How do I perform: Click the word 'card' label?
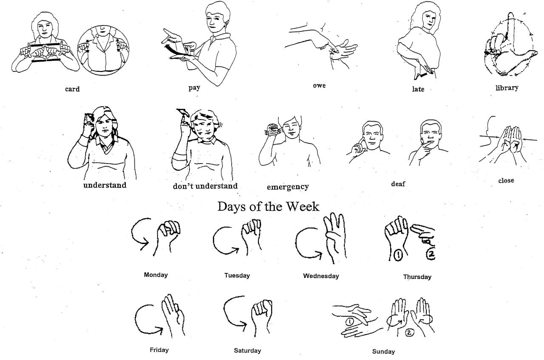pyautogui.click(x=72, y=89)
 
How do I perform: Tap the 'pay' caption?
pyautogui.click(x=194, y=88)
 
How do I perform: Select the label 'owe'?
pyautogui.click(x=319, y=85)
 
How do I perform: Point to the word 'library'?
pyautogui.click(x=507, y=88)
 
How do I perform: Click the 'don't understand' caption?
pyautogui.click(x=205, y=186)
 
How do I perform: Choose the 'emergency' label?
pyautogui.click(x=288, y=187)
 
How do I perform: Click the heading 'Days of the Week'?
pyautogui.click(x=268, y=207)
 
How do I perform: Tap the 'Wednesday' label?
pyautogui.click(x=321, y=276)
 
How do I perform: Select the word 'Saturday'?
pyautogui.click(x=247, y=351)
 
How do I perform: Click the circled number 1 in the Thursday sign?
pyautogui.click(x=398, y=256)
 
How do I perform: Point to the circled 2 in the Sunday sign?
pyautogui.click(x=409, y=333)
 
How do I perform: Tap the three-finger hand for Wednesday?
pyautogui.click(x=333, y=236)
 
